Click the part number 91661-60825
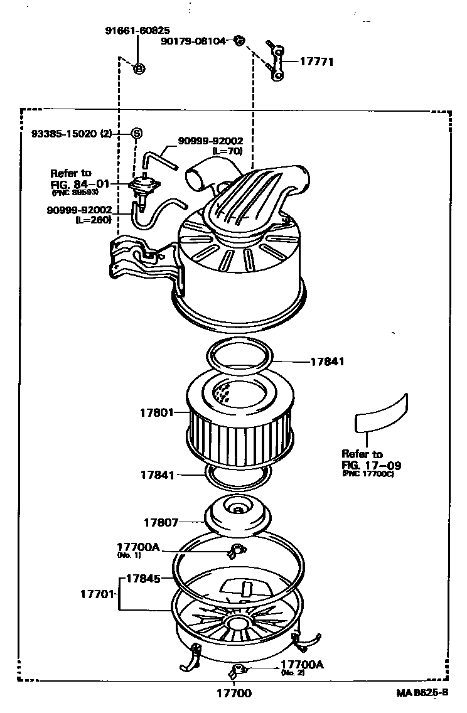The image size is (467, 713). (138, 30)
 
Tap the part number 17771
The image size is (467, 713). (316, 62)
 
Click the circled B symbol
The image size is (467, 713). (139, 68)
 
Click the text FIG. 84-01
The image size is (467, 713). (80, 184)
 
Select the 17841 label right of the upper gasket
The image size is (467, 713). (328, 362)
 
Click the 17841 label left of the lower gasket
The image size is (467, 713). (156, 476)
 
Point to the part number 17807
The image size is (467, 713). (161, 522)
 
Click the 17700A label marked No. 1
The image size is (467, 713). (138, 547)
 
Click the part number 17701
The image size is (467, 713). (97, 592)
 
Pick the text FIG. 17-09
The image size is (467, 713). (371, 466)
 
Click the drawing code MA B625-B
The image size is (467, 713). (422, 693)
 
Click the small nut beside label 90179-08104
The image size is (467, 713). (239, 41)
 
